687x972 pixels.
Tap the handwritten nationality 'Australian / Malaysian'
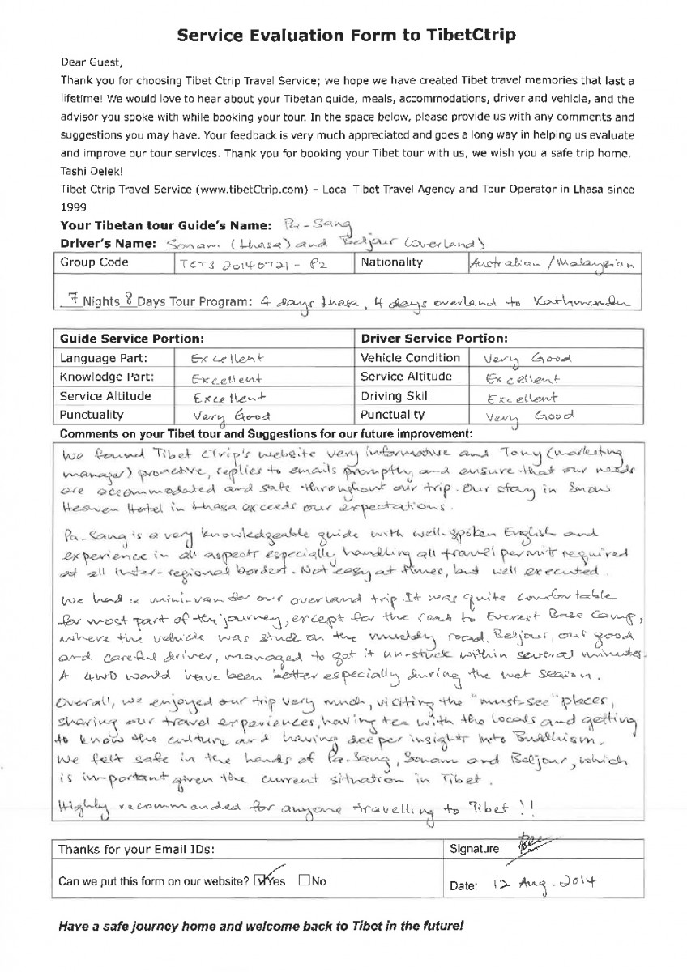click(x=550, y=264)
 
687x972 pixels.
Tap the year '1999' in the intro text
click(x=74, y=206)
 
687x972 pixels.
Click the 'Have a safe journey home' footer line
click(x=262, y=926)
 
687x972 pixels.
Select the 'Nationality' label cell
click(x=392, y=262)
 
